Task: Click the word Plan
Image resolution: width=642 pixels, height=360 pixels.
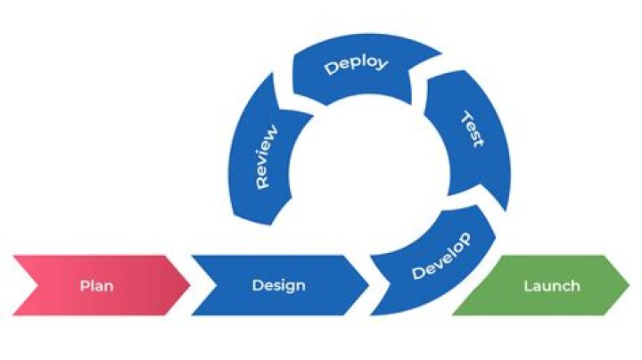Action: [x=96, y=286]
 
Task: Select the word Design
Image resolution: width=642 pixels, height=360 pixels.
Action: [x=278, y=285]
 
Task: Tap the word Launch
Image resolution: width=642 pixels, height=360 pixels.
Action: [x=551, y=285]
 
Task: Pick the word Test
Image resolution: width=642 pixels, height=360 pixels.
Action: [x=473, y=130]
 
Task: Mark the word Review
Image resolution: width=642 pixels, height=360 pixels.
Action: [x=266, y=155]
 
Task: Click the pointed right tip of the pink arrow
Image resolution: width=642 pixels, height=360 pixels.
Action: [x=188, y=285]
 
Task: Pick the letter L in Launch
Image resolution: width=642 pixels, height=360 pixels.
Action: [x=527, y=285]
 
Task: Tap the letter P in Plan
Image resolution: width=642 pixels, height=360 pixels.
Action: [x=84, y=286]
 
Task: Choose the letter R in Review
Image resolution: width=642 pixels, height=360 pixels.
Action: [x=262, y=182]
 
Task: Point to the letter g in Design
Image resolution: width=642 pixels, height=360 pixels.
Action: [x=286, y=288]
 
